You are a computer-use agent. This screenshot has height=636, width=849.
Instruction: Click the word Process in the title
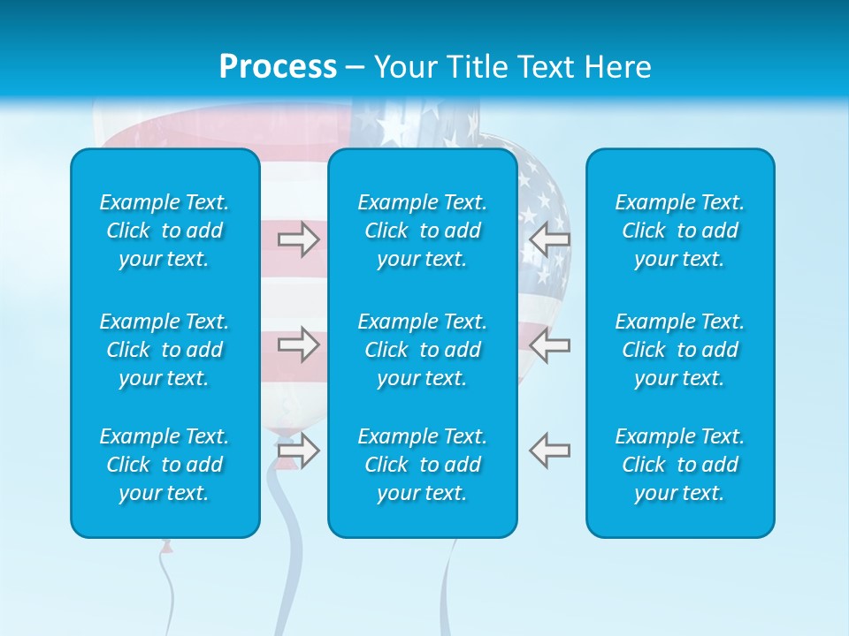278,67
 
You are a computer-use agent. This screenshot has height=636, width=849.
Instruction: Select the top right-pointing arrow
299,238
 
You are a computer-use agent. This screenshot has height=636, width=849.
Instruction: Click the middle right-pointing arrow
299,344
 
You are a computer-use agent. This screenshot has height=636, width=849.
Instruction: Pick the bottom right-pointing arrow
299,450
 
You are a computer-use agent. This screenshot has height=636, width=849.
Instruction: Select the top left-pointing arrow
549,238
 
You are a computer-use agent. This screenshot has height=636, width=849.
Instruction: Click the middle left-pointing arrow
549,344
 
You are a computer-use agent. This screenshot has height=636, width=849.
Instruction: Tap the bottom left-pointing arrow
549,450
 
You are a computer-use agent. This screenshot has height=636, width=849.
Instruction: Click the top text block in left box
164,231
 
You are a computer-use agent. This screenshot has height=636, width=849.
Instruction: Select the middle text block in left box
164,350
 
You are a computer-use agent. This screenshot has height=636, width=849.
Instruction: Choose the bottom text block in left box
164,465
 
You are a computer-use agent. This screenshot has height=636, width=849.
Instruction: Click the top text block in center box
422,231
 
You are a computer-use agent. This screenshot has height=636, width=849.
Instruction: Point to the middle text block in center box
422,350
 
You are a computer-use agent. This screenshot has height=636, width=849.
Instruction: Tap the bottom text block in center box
422,465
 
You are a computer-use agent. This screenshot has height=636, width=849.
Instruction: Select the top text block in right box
679,231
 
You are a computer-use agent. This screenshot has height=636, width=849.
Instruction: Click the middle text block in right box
679,350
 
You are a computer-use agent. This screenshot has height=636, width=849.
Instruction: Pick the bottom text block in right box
679,465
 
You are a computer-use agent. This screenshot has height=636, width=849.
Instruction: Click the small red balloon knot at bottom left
166,547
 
